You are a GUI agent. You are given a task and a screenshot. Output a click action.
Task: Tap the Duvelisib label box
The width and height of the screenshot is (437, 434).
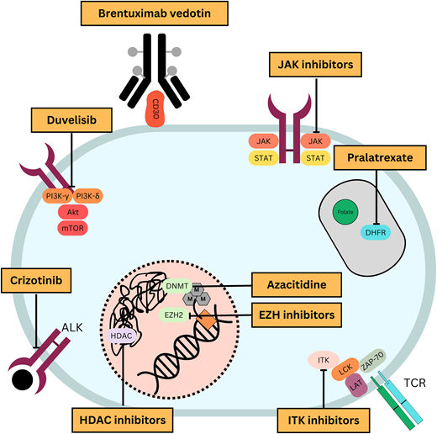(x=71, y=120)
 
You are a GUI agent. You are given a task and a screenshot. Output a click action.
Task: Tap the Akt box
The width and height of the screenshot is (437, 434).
(x=69, y=213)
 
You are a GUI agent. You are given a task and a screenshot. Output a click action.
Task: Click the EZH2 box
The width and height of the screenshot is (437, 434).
(x=173, y=315)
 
